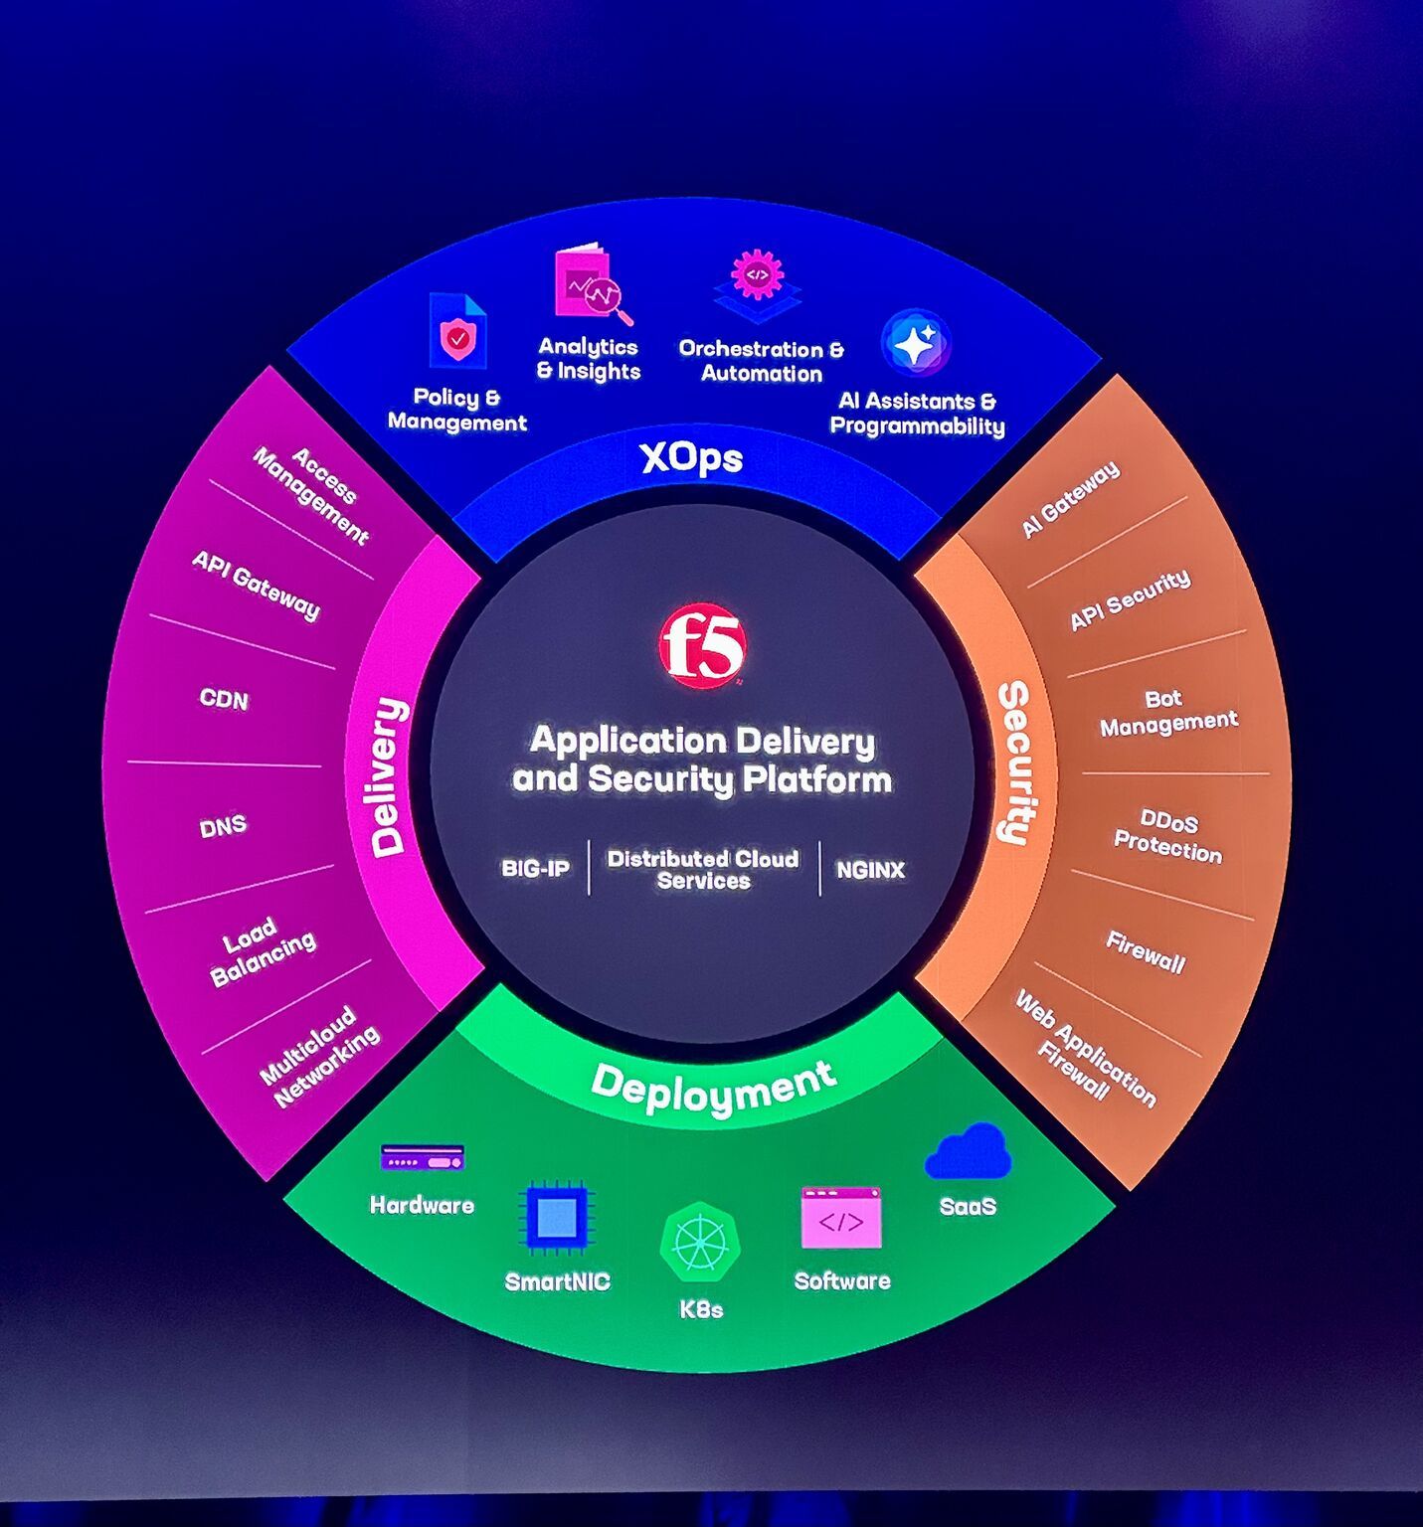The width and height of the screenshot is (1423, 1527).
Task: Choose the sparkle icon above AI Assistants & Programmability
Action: [x=916, y=343]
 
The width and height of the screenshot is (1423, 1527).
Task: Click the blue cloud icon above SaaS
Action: [x=968, y=1152]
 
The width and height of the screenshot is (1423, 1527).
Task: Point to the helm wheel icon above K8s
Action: [x=700, y=1243]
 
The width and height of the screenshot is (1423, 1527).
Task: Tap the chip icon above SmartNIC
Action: [x=557, y=1217]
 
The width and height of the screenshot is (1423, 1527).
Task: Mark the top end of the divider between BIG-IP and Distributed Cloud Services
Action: [x=589, y=841]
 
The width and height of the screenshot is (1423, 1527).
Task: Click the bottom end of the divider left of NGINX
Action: [x=820, y=895]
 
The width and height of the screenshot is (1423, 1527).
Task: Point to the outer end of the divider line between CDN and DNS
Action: [x=127, y=762]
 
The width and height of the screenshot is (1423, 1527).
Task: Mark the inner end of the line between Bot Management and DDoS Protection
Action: [x=1082, y=773]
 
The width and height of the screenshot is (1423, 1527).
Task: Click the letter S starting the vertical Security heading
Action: [x=1013, y=696]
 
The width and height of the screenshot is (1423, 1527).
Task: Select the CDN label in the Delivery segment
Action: [x=224, y=699]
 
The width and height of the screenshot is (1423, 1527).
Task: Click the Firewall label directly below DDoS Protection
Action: [x=1145, y=952]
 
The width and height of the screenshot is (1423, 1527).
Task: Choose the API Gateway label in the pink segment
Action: [x=257, y=586]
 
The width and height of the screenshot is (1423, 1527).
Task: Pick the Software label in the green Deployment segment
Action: [x=842, y=1280]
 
